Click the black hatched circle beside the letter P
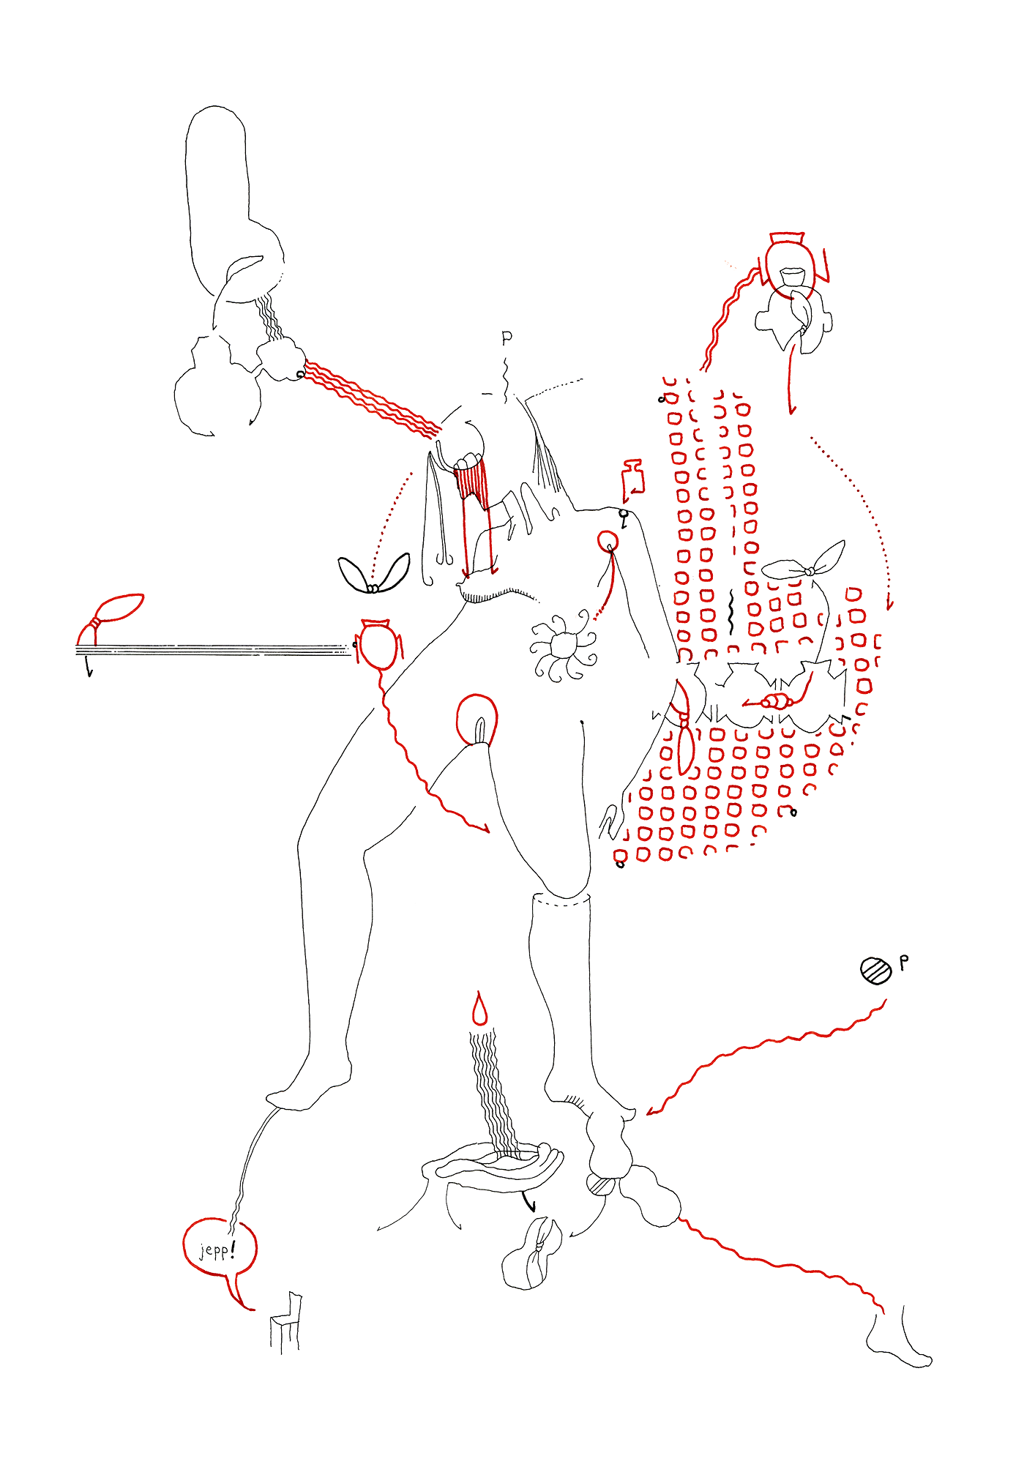tap(876, 970)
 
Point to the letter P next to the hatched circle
tap(904, 963)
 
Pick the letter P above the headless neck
tap(507, 338)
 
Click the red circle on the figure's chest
tap(608, 542)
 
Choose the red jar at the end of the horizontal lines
tap(380, 643)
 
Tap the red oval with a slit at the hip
tap(477, 720)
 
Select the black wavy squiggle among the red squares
tap(730, 613)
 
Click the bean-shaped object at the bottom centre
tap(533, 1255)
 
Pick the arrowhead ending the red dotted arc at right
tap(890, 604)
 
